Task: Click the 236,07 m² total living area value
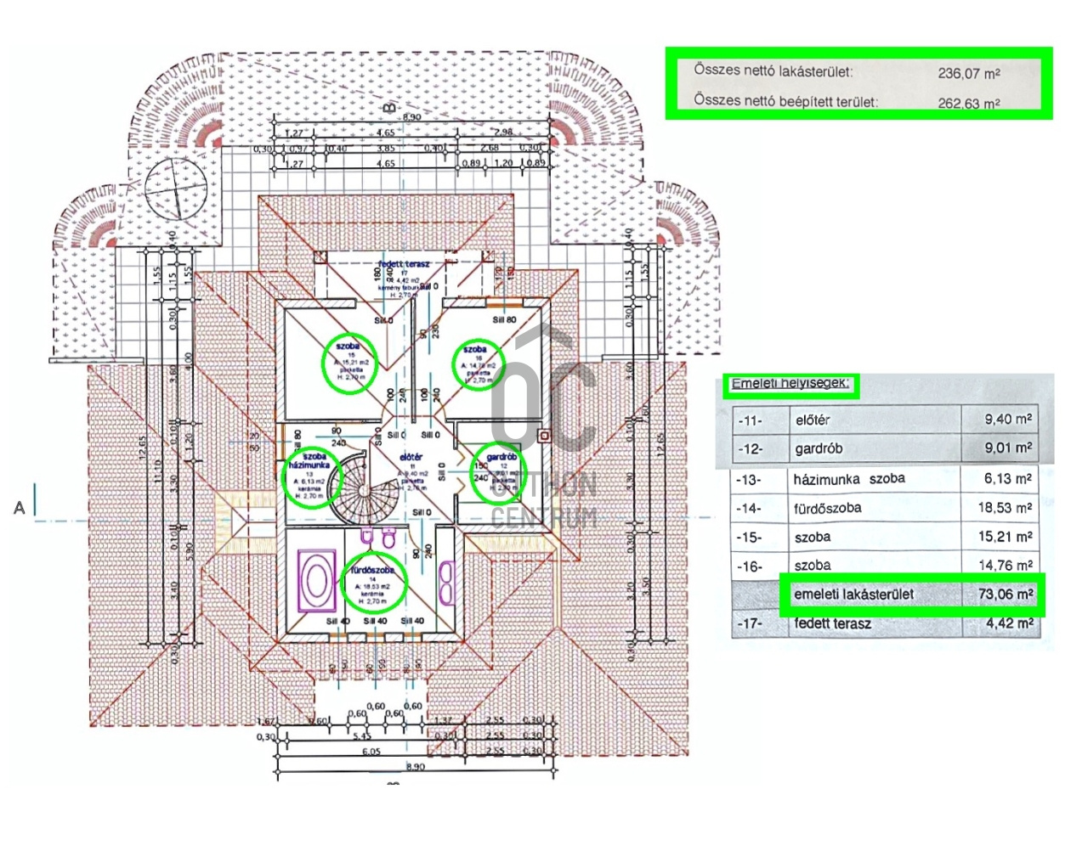(969, 73)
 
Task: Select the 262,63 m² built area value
(969, 103)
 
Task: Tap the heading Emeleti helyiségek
(790, 384)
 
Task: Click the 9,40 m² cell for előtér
(1008, 419)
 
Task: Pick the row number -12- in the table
(750, 448)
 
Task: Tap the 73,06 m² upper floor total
(1006, 594)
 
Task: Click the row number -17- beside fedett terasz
(750, 623)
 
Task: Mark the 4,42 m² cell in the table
(1010, 623)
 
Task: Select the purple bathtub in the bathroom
(316, 581)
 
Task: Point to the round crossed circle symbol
(177, 187)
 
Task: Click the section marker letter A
(20, 508)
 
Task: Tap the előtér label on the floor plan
(411, 457)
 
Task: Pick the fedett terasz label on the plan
(404, 265)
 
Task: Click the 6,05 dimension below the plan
(371, 752)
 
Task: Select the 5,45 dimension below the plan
(362, 736)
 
